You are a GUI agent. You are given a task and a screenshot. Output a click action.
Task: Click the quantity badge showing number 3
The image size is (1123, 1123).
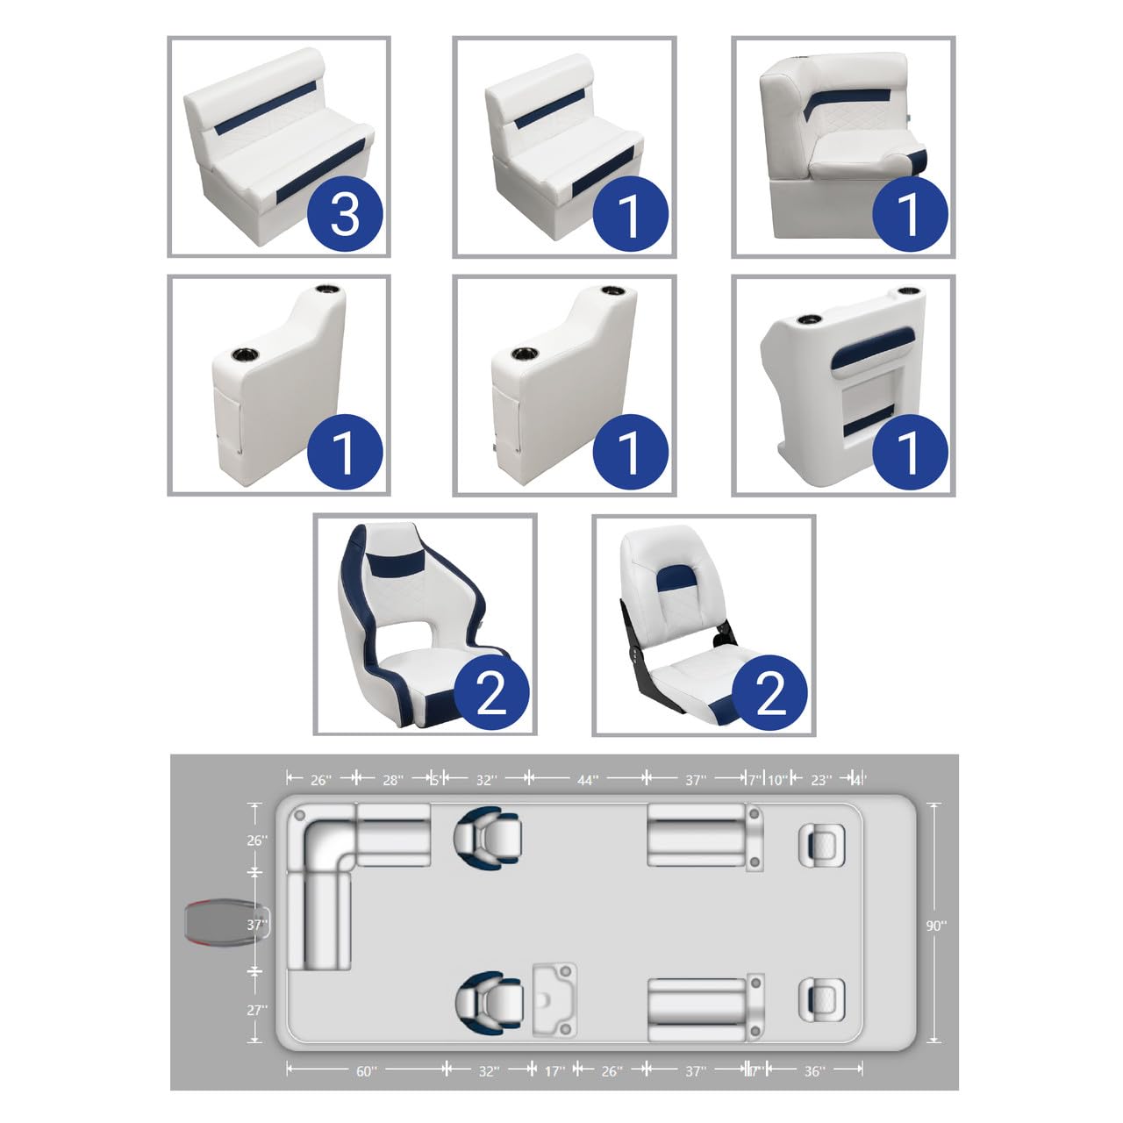click(x=345, y=213)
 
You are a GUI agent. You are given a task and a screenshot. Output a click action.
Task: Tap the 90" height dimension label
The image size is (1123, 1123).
click(x=936, y=925)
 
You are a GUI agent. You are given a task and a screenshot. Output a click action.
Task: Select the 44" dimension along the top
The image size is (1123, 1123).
click(x=587, y=780)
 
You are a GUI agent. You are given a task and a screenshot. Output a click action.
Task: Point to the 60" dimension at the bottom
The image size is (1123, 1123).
click(x=367, y=1071)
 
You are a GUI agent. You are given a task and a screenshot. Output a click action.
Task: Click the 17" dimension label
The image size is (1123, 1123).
click(x=554, y=1071)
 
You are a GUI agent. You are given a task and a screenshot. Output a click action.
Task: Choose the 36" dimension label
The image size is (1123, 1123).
click(x=813, y=1071)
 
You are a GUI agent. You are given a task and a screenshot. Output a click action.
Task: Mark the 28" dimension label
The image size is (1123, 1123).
click(x=393, y=780)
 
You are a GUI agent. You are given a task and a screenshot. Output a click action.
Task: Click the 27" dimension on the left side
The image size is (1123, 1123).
click(x=255, y=1010)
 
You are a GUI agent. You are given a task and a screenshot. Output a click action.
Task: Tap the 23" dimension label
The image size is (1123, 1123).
click(x=820, y=780)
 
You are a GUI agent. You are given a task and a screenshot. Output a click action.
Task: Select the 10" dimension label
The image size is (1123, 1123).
click(x=777, y=780)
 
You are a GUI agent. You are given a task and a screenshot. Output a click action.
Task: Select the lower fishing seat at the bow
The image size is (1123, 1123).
click(x=821, y=1000)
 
